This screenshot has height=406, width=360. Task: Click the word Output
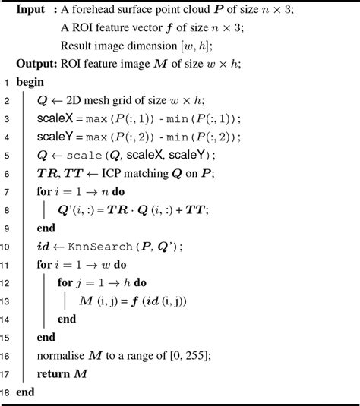pos(34,63)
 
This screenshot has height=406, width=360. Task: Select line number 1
pos(6,82)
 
